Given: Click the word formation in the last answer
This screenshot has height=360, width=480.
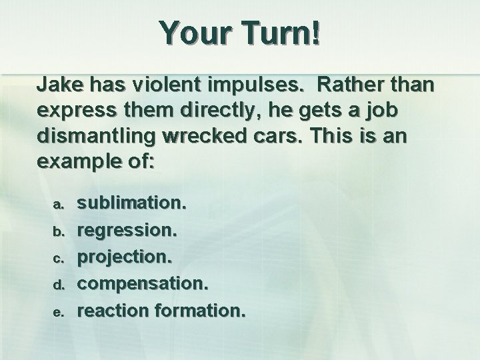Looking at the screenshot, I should click(200, 310).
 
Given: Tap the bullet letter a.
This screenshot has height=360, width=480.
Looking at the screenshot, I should click(59, 201).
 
